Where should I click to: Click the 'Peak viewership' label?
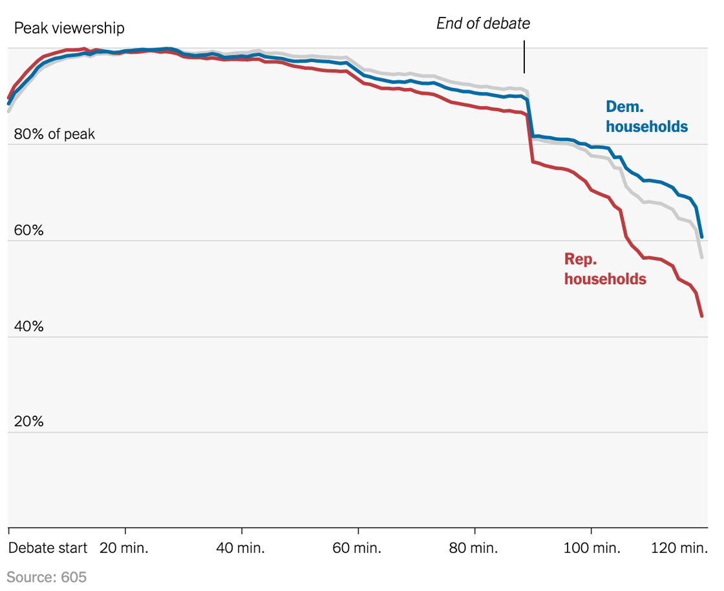click(69, 28)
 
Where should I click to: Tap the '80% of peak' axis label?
click(54, 135)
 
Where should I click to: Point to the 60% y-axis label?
click(28, 230)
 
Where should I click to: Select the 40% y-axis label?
click(28, 326)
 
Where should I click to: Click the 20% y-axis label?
click(28, 422)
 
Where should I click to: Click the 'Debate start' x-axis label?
click(47, 548)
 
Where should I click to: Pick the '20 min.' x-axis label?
click(124, 548)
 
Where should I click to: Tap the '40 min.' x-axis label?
click(240, 548)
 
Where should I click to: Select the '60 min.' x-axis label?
click(357, 548)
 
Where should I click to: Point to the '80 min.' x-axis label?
click(474, 548)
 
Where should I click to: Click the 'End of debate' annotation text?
click(483, 24)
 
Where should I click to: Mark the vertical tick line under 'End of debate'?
click(524, 57)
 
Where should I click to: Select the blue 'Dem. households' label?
click(646, 117)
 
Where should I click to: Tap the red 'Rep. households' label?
click(605, 269)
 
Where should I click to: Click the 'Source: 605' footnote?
click(47, 577)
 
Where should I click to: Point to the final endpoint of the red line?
click(701, 316)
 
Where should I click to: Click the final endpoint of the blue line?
click(701, 237)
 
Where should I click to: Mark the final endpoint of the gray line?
click(701, 258)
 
